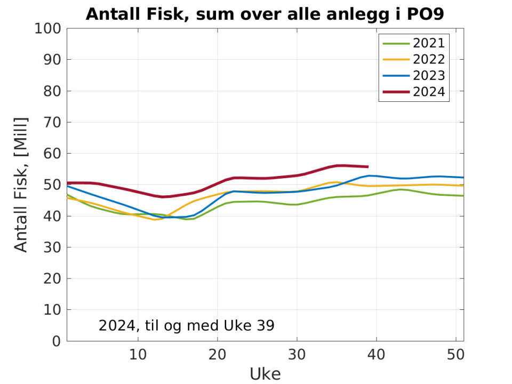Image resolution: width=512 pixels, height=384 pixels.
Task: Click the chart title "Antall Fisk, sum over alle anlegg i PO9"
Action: tap(265, 14)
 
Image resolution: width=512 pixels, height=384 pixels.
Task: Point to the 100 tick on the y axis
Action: tap(48, 28)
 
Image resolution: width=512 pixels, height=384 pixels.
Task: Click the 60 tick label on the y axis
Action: tap(52, 154)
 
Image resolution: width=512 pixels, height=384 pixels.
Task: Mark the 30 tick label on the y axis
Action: tap(52, 247)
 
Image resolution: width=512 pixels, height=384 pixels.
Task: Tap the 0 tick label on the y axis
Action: tap(57, 341)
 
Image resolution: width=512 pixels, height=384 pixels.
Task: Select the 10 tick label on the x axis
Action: tap(138, 354)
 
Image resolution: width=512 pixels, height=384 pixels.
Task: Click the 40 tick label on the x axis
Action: tap(377, 354)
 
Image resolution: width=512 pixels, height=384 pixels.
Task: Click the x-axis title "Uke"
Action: tap(265, 374)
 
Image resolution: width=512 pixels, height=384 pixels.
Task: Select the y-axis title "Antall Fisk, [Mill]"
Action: tap(20, 184)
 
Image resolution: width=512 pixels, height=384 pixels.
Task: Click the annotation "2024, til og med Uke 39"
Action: tap(186, 325)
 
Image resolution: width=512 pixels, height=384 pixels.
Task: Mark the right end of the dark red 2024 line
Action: tap(368, 167)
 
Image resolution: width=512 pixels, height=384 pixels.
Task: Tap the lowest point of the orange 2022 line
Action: tap(155, 219)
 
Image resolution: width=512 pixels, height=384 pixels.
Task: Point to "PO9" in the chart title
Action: tap(425, 14)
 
